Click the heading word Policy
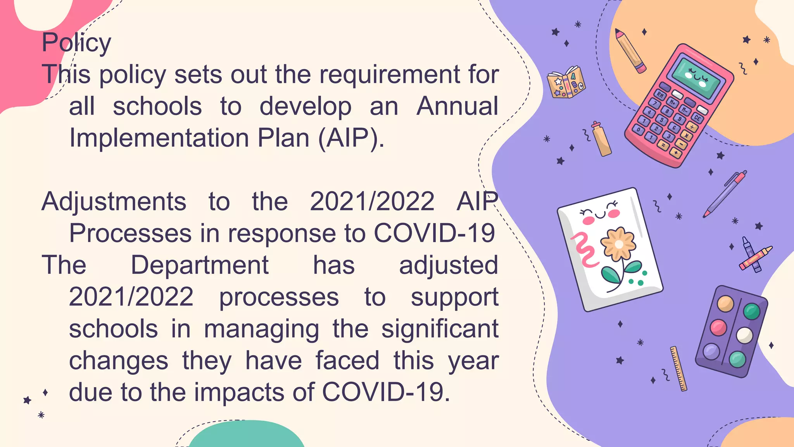pos(76,43)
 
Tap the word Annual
pos(457,106)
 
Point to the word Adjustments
pos(114,202)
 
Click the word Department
pos(200,265)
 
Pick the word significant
pos(440,329)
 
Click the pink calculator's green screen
pos(697,77)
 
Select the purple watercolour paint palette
pos(732,331)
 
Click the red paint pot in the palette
pos(718,327)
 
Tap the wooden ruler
pos(678,368)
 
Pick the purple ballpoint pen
pos(725,194)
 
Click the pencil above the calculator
pos(630,50)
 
